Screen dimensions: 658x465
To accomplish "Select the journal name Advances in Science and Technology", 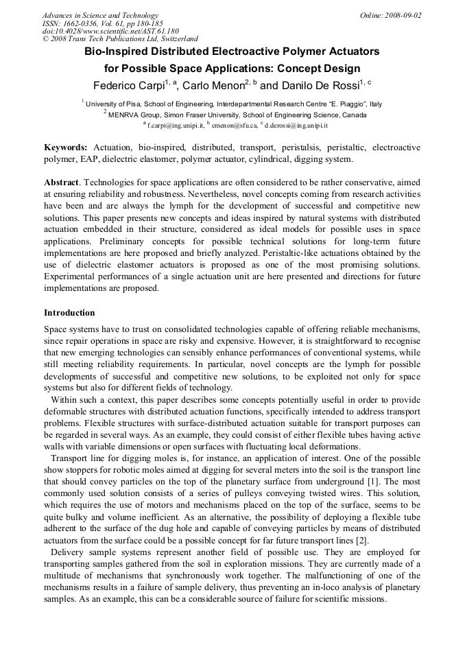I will (100, 15).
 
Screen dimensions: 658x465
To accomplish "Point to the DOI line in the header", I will (110, 31).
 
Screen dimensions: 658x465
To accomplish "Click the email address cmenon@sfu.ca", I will (233, 126).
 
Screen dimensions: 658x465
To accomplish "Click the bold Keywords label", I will (66, 148).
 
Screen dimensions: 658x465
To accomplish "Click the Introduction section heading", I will (73, 312).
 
